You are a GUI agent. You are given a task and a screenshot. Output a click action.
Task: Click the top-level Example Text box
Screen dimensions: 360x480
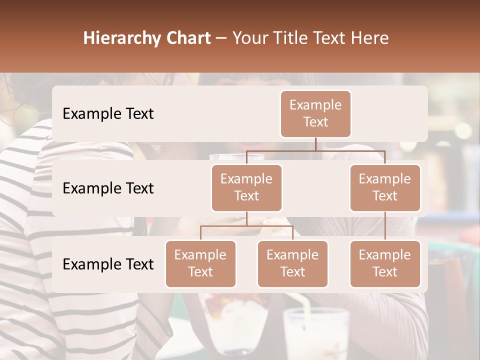click(x=315, y=113)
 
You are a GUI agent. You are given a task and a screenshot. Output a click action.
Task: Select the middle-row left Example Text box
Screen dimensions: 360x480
click(x=246, y=187)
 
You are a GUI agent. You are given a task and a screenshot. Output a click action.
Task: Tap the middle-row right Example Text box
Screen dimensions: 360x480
click(x=385, y=187)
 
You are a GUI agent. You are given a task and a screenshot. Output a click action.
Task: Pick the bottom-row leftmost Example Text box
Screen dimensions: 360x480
click(x=200, y=263)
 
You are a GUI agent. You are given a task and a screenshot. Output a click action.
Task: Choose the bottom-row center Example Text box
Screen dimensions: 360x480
click(x=292, y=263)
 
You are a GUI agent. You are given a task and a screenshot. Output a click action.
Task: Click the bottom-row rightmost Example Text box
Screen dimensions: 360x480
click(x=385, y=263)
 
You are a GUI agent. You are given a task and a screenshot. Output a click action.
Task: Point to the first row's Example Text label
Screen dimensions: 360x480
click(x=108, y=113)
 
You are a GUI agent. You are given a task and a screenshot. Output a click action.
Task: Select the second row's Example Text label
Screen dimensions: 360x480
click(x=108, y=188)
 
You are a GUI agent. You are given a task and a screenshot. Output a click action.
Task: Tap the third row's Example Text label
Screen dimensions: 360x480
click(x=108, y=264)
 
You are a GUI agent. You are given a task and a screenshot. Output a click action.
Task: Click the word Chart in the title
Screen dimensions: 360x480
click(x=189, y=38)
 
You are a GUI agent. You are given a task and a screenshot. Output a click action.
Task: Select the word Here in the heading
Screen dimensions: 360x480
click(x=369, y=38)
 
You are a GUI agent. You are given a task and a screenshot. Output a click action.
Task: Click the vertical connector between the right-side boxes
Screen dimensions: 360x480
click(x=385, y=226)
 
